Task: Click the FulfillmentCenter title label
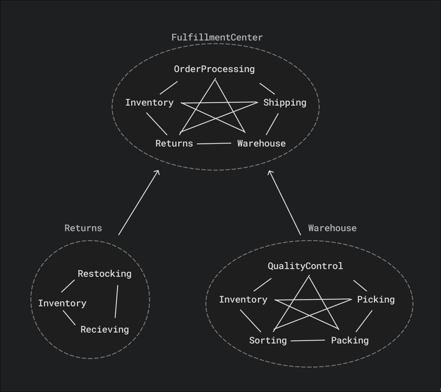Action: pyautogui.click(x=217, y=38)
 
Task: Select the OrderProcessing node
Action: pyautogui.click(x=214, y=69)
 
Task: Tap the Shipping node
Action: pyautogui.click(x=285, y=103)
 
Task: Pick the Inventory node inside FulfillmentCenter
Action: pyautogui.click(x=149, y=103)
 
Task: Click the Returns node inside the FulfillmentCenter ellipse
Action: pyautogui.click(x=174, y=144)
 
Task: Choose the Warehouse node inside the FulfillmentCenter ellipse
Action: pyautogui.click(x=261, y=144)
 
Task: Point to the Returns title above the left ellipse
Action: pyautogui.click(x=83, y=228)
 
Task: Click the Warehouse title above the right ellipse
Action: pyautogui.click(x=332, y=228)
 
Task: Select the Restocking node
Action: pyautogui.click(x=105, y=274)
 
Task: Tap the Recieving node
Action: pyautogui.click(x=105, y=330)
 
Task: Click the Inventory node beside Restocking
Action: pyautogui.click(x=62, y=303)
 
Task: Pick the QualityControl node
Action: pyautogui.click(x=305, y=266)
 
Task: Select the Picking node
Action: pyautogui.click(x=376, y=299)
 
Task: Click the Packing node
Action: pyautogui.click(x=350, y=341)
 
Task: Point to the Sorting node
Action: pyautogui.click(x=268, y=341)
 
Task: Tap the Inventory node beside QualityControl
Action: pyautogui.click(x=243, y=299)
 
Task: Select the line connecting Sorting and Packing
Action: pyautogui.click(x=308, y=341)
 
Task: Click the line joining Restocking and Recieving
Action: pyautogui.click(x=117, y=301)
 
